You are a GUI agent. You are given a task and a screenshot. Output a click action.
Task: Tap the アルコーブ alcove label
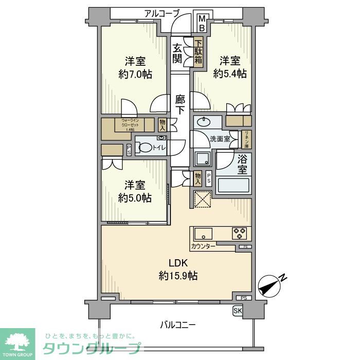pyautogui.click(x=162, y=13)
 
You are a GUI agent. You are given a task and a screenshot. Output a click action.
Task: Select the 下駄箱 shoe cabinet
pyautogui.click(x=198, y=52)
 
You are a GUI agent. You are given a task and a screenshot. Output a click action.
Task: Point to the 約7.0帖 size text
pyautogui.click(x=135, y=74)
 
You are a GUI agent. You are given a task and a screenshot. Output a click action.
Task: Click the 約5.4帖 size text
pyautogui.click(x=230, y=74)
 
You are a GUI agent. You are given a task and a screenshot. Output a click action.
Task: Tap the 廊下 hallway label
pyautogui.click(x=180, y=103)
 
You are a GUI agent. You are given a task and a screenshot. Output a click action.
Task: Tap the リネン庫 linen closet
pyautogui.click(x=246, y=139)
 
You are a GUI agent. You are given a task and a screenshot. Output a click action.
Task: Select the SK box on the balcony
pyautogui.click(x=237, y=311)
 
